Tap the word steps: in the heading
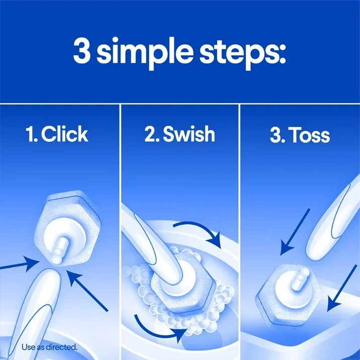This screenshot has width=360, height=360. [242, 52]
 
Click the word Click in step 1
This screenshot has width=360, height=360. [65, 134]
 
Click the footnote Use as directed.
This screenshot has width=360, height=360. [49, 346]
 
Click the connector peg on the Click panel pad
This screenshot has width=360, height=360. [58, 248]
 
